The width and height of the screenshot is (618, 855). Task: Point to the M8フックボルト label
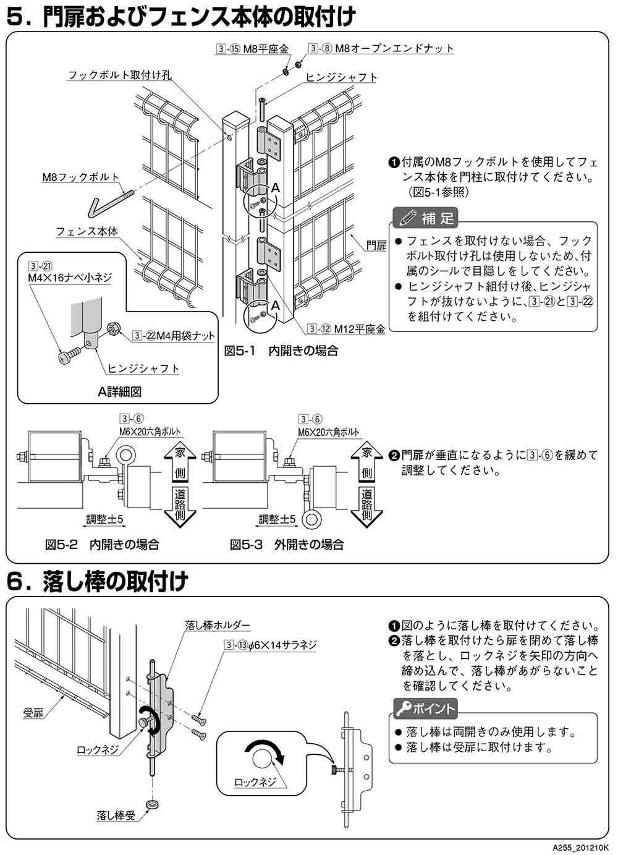pos(81,177)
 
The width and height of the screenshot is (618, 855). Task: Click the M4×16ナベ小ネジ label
pos(69,278)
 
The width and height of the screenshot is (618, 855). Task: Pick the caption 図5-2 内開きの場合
pos(102,545)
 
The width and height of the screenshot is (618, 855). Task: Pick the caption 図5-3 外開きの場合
pos(287,545)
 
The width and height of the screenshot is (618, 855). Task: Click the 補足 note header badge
pos(426,218)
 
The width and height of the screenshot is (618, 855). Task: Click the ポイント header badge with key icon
pos(426,708)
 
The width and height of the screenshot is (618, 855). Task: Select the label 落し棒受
pos(116,814)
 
